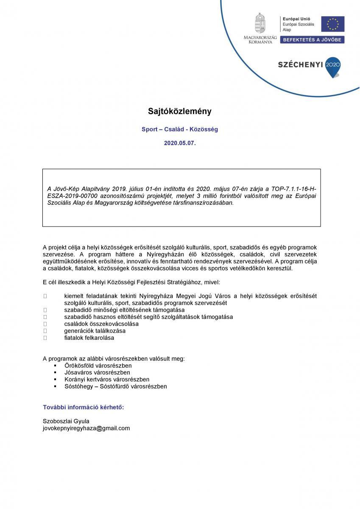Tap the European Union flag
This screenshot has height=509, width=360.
332,24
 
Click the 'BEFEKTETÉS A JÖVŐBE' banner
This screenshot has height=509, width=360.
311,39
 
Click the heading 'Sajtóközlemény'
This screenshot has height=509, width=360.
179,112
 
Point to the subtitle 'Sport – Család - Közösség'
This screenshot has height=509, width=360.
180,129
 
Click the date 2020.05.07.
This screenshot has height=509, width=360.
180,143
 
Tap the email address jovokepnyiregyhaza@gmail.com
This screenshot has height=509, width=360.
87,428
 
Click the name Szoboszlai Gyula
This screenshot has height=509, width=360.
66,421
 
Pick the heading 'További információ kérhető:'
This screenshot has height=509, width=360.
84,407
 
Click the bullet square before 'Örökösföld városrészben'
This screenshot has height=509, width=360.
55,366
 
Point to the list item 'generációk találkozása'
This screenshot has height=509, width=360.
95,331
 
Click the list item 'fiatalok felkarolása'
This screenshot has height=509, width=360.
89,338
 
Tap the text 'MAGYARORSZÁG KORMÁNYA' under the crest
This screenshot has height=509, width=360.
260,40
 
